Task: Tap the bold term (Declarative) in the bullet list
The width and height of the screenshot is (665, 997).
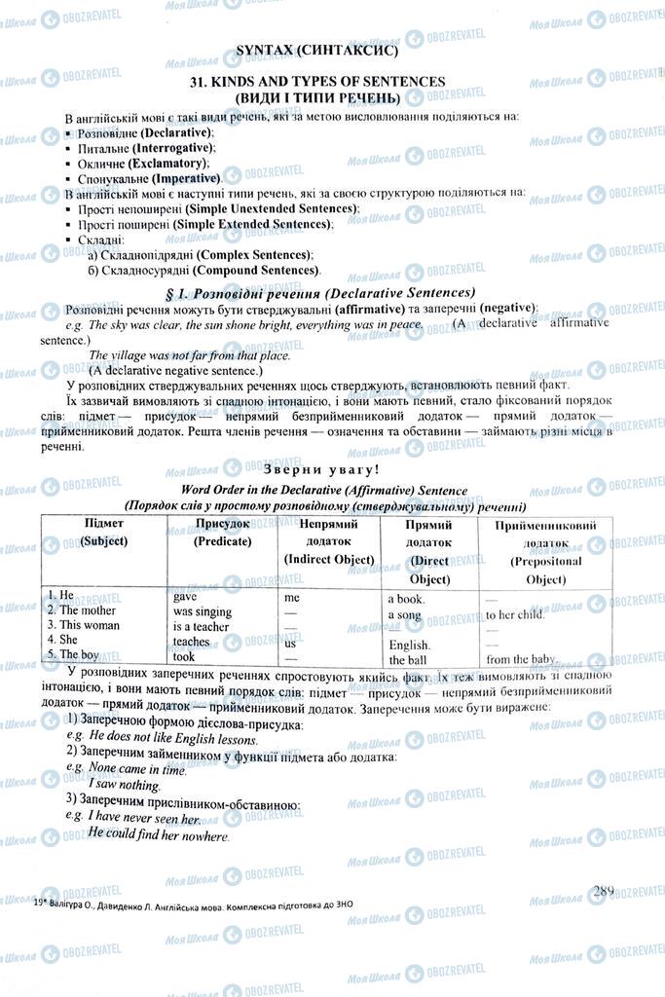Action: click(176, 131)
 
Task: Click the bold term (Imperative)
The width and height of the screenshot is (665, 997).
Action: click(183, 178)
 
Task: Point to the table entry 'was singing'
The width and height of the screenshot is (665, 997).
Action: click(203, 610)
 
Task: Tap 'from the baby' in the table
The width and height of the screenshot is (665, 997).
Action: click(520, 659)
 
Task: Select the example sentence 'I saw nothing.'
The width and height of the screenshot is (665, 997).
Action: click(124, 783)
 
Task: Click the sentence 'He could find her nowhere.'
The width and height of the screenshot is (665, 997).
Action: click(158, 834)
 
